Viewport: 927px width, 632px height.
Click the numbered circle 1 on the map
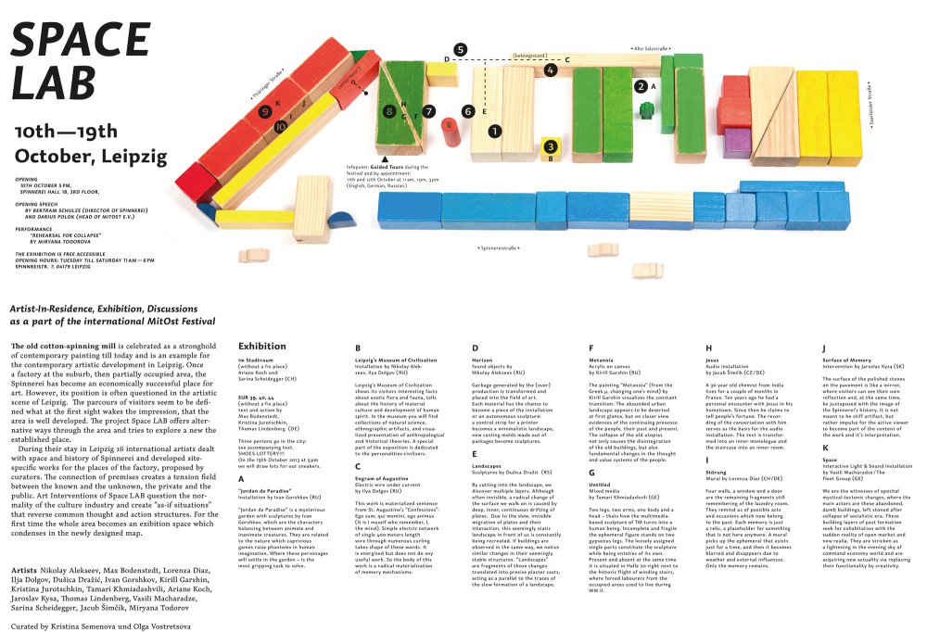(495, 131)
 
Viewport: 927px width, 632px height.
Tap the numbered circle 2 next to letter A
(641, 86)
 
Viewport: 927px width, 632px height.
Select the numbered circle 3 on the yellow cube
(551, 146)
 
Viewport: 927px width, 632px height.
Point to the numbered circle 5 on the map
(461, 49)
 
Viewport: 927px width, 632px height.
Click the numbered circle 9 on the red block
(265, 112)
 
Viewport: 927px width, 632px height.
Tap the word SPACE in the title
(81, 39)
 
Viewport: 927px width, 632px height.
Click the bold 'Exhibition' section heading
(262, 345)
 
